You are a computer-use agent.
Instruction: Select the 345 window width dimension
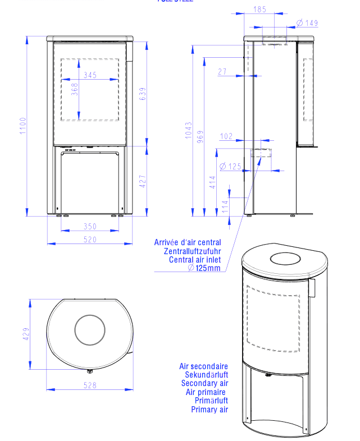[x=90, y=75]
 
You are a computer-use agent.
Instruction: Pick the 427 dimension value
[x=143, y=181]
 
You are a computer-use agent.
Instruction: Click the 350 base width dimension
[x=90, y=227]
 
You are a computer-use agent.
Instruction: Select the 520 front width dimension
[x=90, y=240]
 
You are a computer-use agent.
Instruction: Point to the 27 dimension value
[x=222, y=71]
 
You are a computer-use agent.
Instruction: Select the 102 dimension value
[x=226, y=136]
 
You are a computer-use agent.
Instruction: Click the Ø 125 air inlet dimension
[x=230, y=166]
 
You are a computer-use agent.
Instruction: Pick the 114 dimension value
[x=226, y=206]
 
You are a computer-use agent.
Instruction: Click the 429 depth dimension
[x=25, y=334]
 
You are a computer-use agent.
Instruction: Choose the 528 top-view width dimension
[x=90, y=385]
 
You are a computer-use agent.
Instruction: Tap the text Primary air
[x=209, y=410]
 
